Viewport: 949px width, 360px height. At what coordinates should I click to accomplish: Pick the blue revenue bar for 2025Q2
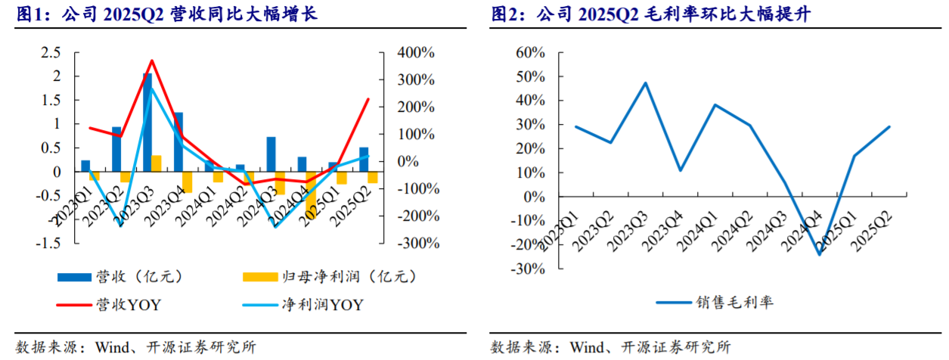pyautogui.click(x=364, y=160)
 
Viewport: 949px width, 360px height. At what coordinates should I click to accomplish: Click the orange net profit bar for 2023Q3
pyautogui.click(x=157, y=164)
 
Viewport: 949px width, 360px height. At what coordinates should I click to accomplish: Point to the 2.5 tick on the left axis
pyautogui.click(x=51, y=52)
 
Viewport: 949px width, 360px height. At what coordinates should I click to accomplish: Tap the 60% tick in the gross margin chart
pyautogui.click(x=529, y=53)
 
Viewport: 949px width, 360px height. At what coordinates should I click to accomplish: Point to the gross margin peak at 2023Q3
pyautogui.click(x=645, y=83)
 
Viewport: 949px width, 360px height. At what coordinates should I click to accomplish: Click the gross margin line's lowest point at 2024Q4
pyautogui.click(x=819, y=254)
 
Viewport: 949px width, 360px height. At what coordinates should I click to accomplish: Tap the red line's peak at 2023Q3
pyautogui.click(x=151, y=61)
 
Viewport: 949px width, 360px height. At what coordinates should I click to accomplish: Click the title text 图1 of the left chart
pyautogui.click(x=27, y=14)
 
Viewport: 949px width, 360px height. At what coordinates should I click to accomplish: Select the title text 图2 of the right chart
pyautogui.click(x=503, y=14)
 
